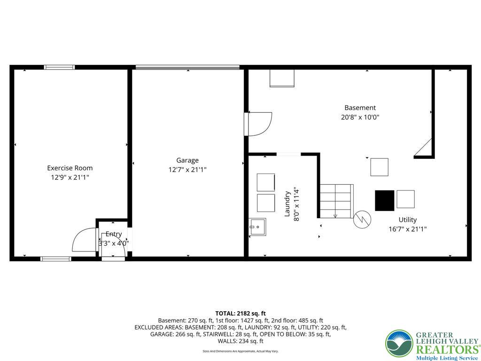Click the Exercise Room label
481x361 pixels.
tap(70, 168)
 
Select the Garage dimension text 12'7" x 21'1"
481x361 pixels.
tap(187, 170)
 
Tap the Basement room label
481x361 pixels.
tap(360, 108)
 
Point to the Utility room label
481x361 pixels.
tap(407, 220)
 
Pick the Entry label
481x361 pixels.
tap(114, 234)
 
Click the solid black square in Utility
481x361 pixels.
tap(384, 200)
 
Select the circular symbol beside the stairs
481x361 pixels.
tap(363, 219)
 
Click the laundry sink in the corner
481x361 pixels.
tap(257, 227)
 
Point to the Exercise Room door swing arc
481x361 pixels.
tap(83, 240)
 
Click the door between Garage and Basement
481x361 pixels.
tap(259, 124)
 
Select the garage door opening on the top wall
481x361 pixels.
tap(187, 68)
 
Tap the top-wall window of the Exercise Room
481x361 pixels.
tap(59, 67)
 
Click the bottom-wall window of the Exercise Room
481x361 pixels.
tap(55, 258)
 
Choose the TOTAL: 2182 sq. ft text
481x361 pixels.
tap(240, 313)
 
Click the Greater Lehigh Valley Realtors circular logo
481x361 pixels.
tap(399, 344)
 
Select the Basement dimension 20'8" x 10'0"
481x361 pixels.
tap(360, 117)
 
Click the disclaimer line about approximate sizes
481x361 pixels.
tap(240, 351)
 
